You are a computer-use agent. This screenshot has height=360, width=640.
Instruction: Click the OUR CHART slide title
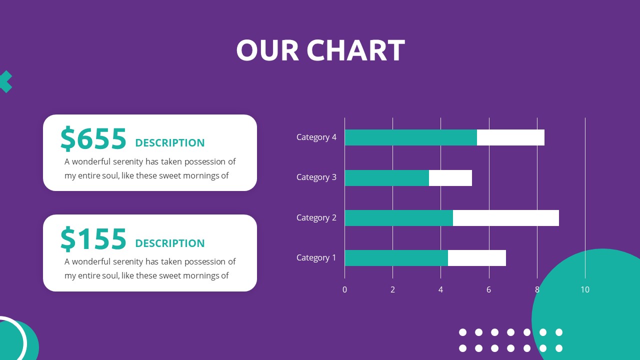point(320,50)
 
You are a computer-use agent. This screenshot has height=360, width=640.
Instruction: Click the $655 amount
point(93,139)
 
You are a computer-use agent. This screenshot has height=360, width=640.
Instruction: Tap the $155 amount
point(93,239)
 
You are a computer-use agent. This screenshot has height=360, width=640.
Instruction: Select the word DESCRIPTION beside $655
point(170,143)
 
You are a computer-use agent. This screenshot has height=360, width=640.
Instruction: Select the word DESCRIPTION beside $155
point(170,243)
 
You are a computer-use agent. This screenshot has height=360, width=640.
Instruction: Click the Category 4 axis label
point(316,137)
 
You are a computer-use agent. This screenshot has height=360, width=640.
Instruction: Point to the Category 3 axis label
point(316,177)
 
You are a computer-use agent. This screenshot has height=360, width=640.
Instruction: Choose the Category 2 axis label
point(316,217)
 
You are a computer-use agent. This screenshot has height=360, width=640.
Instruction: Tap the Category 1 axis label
point(316,257)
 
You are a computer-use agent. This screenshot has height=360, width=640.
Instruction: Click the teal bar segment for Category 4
point(410,137)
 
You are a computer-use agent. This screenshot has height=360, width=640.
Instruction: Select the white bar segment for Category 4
point(510,137)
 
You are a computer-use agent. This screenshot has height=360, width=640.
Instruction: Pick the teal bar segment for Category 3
point(386,178)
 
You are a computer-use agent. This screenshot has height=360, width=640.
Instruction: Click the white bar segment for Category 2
point(505,218)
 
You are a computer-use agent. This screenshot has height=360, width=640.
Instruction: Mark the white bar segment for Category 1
point(476,258)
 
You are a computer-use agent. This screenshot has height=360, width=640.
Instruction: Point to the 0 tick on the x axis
point(344,289)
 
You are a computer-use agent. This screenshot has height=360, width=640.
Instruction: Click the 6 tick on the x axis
point(489,289)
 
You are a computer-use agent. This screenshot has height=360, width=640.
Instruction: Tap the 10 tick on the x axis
point(585,289)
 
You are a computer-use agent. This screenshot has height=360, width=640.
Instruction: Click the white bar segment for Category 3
point(450,178)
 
